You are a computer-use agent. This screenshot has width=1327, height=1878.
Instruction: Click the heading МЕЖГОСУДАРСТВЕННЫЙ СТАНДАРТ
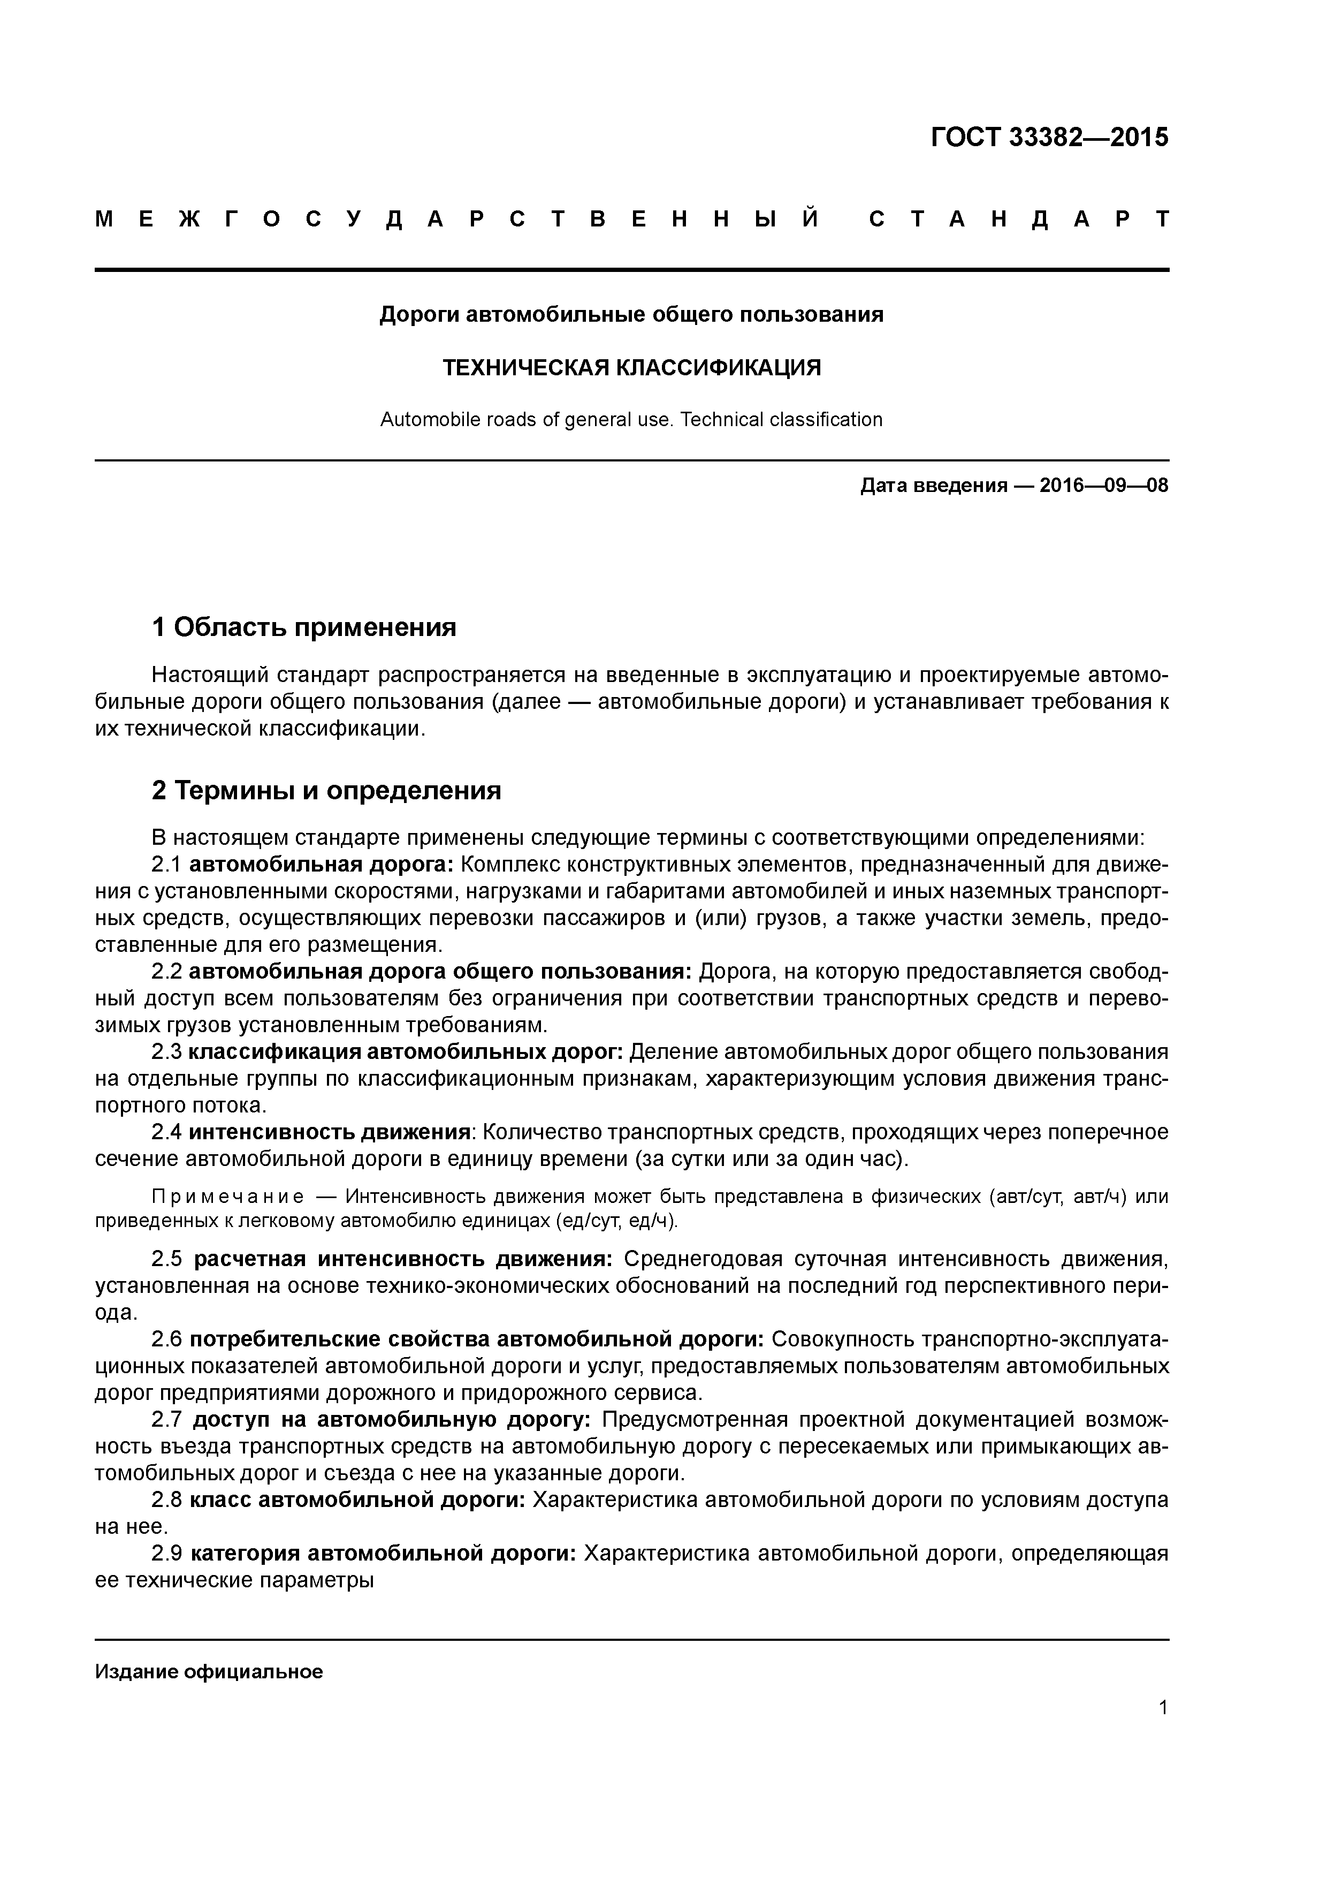[631, 219]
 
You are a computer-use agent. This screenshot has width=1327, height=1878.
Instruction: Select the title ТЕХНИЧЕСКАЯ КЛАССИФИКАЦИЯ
[631, 368]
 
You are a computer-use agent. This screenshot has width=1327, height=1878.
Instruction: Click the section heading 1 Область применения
[304, 627]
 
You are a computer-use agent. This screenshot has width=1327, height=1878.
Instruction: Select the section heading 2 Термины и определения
[326, 791]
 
